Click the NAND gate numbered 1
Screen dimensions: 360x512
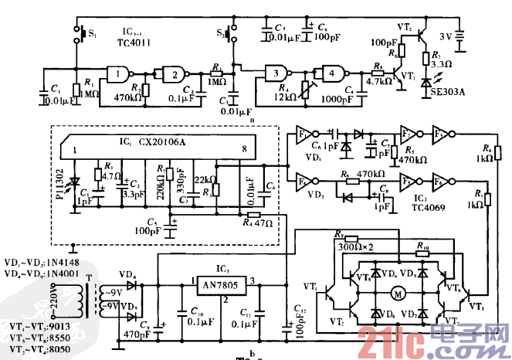tap(117, 74)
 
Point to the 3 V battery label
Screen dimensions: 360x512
tap(447, 36)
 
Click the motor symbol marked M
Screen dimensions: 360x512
tap(399, 293)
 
